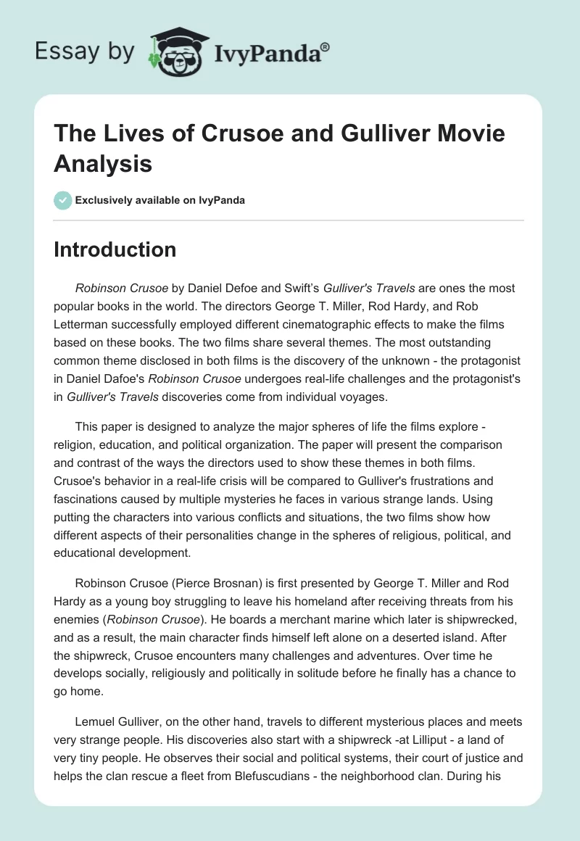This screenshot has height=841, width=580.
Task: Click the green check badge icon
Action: pyautogui.click(x=63, y=200)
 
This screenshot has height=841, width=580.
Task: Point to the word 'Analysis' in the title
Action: pyautogui.click(x=103, y=164)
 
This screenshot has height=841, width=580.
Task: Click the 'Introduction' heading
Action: pyautogui.click(x=115, y=250)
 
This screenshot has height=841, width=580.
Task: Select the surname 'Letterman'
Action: pyautogui.click(x=86, y=326)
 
